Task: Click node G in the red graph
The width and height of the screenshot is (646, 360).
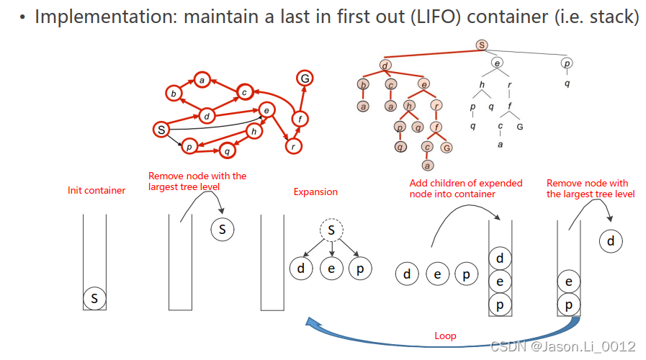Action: click(x=305, y=78)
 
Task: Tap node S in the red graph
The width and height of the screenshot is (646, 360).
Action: click(x=162, y=130)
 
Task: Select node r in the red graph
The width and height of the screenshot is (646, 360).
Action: click(x=293, y=146)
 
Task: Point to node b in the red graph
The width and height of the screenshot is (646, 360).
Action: click(x=173, y=94)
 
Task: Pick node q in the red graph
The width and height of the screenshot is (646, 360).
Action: click(x=228, y=151)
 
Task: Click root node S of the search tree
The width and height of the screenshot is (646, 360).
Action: click(x=482, y=45)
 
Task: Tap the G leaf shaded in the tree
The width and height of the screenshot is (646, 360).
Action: click(x=447, y=148)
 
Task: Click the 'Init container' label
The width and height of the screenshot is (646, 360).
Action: click(x=97, y=191)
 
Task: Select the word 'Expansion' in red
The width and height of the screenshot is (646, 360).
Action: click(x=315, y=192)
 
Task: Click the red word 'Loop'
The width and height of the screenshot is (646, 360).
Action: click(x=445, y=336)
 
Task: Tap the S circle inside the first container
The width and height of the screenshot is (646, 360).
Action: click(x=94, y=297)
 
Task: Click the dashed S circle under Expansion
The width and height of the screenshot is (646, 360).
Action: click(x=331, y=231)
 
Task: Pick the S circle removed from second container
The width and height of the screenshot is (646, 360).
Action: click(x=223, y=230)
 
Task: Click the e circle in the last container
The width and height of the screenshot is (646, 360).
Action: click(x=569, y=282)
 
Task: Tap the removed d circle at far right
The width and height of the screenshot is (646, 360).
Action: click(x=611, y=241)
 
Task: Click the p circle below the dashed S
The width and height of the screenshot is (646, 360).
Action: click(x=359, y=269)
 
